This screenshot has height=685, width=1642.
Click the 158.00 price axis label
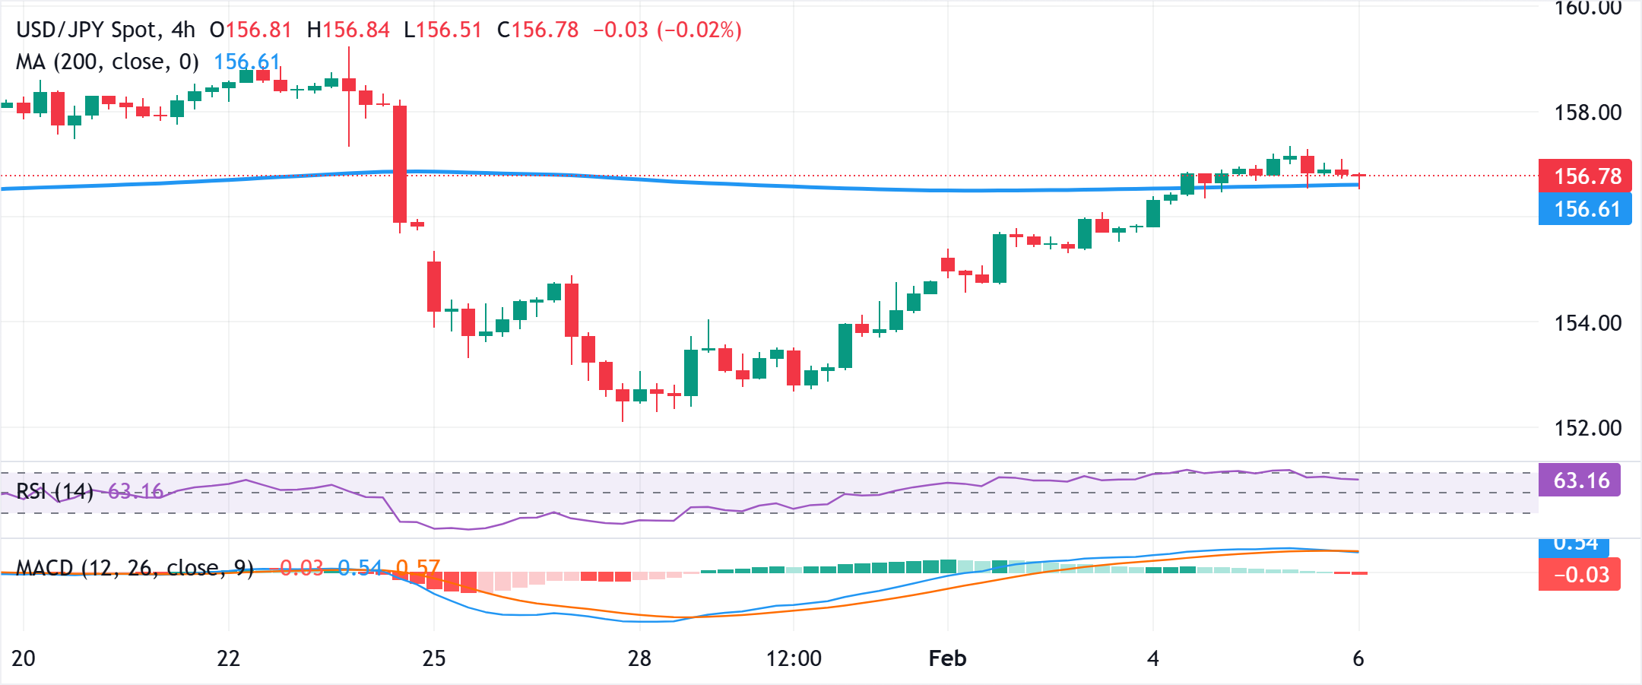tap(1587, 113)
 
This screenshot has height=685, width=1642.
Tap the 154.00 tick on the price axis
tap(1587, 323)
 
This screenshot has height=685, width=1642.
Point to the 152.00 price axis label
tap(1587, 428)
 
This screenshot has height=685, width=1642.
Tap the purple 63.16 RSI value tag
tap(1580, 480)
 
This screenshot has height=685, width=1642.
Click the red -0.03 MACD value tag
tap(1580, 575)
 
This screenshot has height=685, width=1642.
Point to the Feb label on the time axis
tap(947, 658)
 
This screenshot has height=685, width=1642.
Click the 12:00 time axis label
tap(794, 658)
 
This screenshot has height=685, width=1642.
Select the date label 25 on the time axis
tap(434, 658)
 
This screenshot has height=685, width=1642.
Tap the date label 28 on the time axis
tap(639, 658)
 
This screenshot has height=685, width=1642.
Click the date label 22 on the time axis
tap(229, 658)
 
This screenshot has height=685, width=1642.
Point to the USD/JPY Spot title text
tap(88, 30)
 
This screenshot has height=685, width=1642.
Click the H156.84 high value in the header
tap(348, 30)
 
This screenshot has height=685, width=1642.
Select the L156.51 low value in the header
tap(443, 30)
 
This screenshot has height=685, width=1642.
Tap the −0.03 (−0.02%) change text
tap(667, 30)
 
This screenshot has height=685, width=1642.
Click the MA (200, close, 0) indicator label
tap(107, 62)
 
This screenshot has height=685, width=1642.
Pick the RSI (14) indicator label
tap(55, 491)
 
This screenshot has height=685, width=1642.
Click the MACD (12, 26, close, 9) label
tap(135, 568)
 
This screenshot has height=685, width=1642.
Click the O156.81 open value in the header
tap(251, 30)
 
